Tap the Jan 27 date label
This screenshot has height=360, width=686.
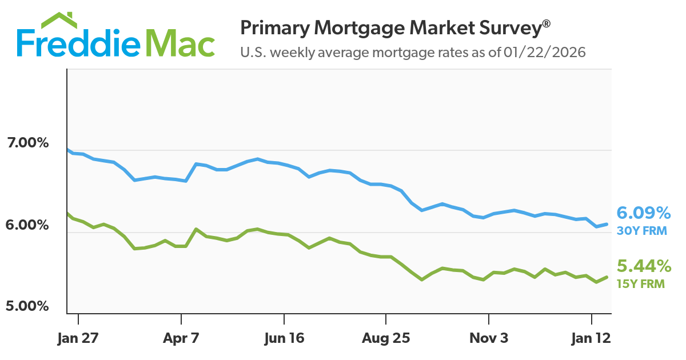click(78, 338)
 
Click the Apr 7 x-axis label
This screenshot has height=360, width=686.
click(181, 338)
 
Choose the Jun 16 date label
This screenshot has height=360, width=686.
click(284, 338)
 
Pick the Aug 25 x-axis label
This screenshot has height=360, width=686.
click(386, 338)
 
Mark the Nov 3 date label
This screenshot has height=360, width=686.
click(489, 338)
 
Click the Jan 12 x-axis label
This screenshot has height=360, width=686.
click(591, 338)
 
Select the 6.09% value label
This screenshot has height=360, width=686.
click(644, 214)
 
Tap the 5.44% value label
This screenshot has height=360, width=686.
click(644, 266)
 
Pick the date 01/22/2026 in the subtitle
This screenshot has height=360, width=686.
click(545, 53)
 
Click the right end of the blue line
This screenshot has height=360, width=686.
click(607, 224)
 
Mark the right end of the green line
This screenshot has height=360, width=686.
click(607, 277)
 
